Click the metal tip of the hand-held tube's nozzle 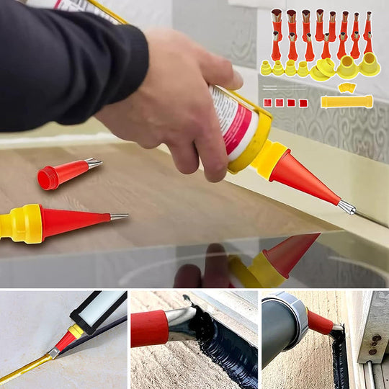tap(346, 207)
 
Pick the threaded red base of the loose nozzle tap(48, 178)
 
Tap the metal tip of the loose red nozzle tap(94, 164)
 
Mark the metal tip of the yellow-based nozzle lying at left tap(119, 216)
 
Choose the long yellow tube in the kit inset tap(346, 102)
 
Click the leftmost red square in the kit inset tap(267, 102)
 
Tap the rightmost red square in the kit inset tap(303, 102)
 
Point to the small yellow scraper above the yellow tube tap(346, 87)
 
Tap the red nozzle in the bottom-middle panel tap(150, 328)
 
